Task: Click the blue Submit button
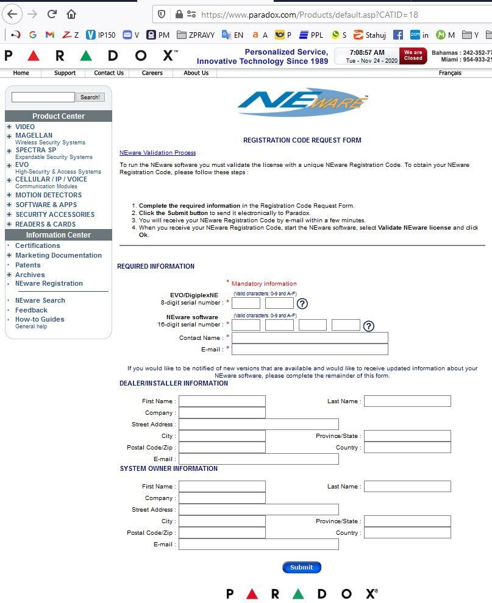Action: coord(301,567)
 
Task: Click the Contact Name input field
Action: coord(310,337)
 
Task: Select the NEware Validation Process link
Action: coord(157,152)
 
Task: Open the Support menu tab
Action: coord(65,73)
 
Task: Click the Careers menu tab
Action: coord(152,73)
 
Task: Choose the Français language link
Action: coord(450,73)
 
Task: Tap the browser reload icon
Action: coord(52,14)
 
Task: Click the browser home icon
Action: coord(71,14)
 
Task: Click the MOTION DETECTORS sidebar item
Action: coord(48,195)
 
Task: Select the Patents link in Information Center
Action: coord(28,265)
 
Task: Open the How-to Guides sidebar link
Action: coord(40,319)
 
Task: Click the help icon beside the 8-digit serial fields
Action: coord(302,303)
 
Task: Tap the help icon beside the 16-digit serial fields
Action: coord(368,326)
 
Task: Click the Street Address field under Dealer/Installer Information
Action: coord(258,424)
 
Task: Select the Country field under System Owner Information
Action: coord(407,532)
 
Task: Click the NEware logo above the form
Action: coord(302,103)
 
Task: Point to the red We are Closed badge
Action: coord(413,56)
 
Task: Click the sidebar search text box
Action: coord(43,97)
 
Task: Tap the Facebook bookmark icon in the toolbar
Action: coord(398,35)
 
